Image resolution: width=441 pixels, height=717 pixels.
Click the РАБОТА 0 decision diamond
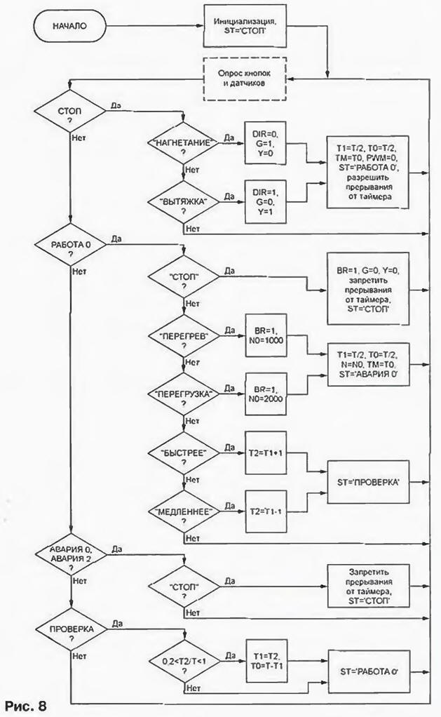pos(70,247)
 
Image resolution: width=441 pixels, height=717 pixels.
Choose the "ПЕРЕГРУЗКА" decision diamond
pos(183,393)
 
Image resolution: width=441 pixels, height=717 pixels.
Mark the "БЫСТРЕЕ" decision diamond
pos(183,453)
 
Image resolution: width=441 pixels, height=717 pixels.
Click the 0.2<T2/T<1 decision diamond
pos(183,661)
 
